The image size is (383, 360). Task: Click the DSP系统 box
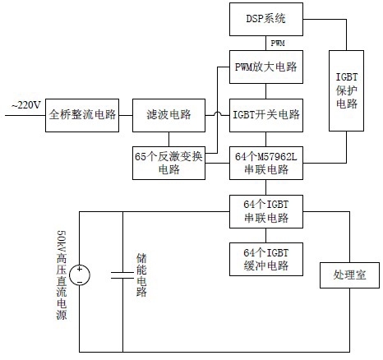tap(266, 19)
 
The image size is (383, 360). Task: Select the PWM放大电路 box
tap(266, 67)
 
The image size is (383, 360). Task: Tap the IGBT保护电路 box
tap(346, 90)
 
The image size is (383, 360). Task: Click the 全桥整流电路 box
tap(82, 115)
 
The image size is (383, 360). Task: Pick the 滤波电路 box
tap(168, 115)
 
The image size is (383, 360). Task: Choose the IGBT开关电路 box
tap(266, 115)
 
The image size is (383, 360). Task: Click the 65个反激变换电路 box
tap(168, 163)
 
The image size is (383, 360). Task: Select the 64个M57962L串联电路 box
tap(266, 163)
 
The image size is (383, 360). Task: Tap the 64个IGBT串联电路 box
tap(266, 211)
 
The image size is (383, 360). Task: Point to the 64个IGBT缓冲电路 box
tap(266, 259)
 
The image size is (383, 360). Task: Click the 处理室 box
tap(349, 275)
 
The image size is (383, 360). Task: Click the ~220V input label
tap(26, 105)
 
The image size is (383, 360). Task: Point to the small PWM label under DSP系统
tap(278, 43)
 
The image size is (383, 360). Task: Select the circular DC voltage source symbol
tap(80, 275)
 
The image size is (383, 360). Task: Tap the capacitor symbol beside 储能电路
tap(122, 275)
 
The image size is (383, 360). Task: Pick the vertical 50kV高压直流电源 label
tap(62, 275)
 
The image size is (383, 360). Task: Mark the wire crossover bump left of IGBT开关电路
tap(218, 113)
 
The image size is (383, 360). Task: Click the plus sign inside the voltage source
tap(80, 269)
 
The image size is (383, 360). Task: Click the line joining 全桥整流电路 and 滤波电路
tap(126, 115)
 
